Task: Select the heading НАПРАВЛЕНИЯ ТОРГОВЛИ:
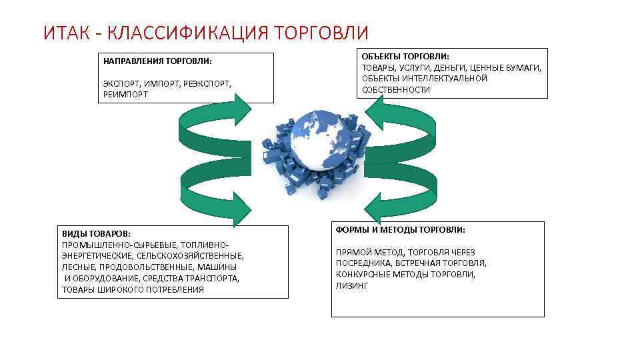(x=157, y=61)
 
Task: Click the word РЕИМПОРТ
(x=126, y=95)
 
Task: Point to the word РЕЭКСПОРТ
(x=206, y=84)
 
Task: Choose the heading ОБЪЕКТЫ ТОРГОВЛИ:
(x=405, y=57)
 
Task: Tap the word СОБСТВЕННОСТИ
(x=396, y=89)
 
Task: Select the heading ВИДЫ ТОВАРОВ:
(x=96, y=233)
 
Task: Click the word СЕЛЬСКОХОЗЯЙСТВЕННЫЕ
(x=189, y=255)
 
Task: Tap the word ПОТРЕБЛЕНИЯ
(x=175, y=289)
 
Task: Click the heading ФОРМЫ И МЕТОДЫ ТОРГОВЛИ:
(x=401, y=230)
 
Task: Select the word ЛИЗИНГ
(x=351, y=285)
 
